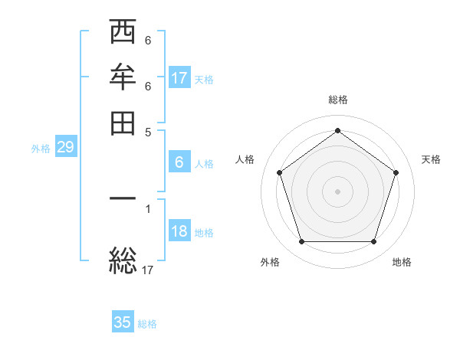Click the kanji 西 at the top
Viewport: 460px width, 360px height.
(x=123, y=34)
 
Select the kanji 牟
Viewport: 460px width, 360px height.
(x=123, y=78)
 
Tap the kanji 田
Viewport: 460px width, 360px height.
(x=123, y=123)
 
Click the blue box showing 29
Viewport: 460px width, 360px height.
(x=65, y=148)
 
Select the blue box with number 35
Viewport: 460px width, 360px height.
(x=123, y=322)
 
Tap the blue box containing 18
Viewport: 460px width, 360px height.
(x=179, y=232)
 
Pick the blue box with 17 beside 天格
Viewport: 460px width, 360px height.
(x=179, y=78)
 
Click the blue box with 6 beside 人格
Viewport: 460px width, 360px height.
(x=179, y=162)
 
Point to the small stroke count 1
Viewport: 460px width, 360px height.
(x=148, y=208)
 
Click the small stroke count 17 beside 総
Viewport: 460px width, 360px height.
(x=148, y=270)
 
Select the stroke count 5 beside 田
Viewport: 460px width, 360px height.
(x=148, y=131)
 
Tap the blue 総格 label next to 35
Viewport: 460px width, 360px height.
(x=147, y=324)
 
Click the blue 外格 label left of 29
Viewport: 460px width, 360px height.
(x=41, y=149)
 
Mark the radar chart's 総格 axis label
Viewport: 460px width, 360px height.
(x=338, y=100)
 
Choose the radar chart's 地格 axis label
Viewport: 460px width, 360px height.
(x=402, y=262)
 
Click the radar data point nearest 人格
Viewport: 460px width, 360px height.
(x=280, y=172)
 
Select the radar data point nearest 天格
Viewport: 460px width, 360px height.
(x=396, y=172)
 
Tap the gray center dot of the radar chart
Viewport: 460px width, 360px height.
(x=338, y=191)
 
